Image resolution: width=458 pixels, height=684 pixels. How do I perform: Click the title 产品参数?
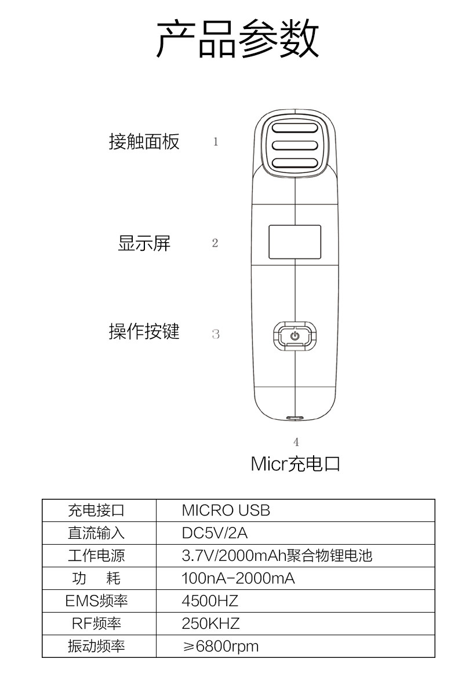(238, 39)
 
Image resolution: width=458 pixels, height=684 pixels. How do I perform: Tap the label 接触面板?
(144, 141)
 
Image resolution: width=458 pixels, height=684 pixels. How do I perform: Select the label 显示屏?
(144, 243)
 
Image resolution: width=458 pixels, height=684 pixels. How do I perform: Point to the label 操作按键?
(144, 332)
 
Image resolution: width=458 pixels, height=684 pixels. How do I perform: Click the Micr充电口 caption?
(295, 464)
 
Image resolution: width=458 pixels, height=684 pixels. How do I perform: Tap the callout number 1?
(216, 142)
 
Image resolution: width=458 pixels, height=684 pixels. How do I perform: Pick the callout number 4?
(296, 442)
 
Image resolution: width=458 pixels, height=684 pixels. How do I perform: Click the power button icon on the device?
(295, 336)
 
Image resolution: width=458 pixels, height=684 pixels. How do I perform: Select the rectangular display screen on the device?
(295, 242)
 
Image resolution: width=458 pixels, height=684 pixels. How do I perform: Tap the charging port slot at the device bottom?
(295, 417)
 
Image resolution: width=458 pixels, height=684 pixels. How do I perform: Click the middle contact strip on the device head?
(295, 145)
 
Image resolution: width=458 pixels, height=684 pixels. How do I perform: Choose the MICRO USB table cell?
(226, 510)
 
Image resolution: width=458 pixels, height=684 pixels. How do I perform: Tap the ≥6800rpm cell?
(221, 646)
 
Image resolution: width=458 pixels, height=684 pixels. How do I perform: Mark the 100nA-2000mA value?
(238, 578)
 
